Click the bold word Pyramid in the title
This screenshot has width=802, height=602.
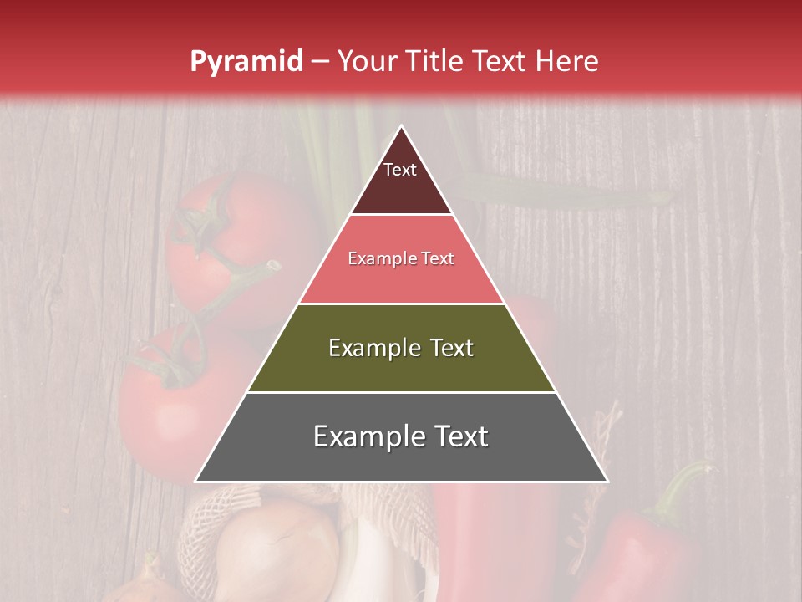[x=246, y=62]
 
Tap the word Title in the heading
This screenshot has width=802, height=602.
[x=435, y=62]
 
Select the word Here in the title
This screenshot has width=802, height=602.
[x=567, y=62]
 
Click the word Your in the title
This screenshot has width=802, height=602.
[x=367, y=62]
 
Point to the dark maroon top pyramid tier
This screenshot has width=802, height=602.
[x=401, y=188]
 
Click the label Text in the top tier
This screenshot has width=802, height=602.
[x=400, y=170]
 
